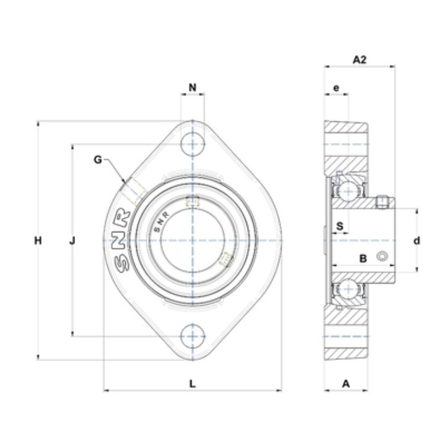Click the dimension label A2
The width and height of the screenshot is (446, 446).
359,59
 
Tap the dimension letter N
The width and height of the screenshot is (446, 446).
193,87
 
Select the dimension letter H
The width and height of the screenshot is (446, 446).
38,240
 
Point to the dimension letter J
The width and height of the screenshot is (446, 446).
72,241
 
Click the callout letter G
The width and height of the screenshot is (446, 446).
98,160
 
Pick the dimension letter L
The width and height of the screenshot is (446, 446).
193,383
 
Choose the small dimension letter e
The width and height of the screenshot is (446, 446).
336,88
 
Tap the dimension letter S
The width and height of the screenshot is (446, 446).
340,226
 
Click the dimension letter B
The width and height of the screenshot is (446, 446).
363,258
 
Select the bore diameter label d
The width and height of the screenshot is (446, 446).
417,241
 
